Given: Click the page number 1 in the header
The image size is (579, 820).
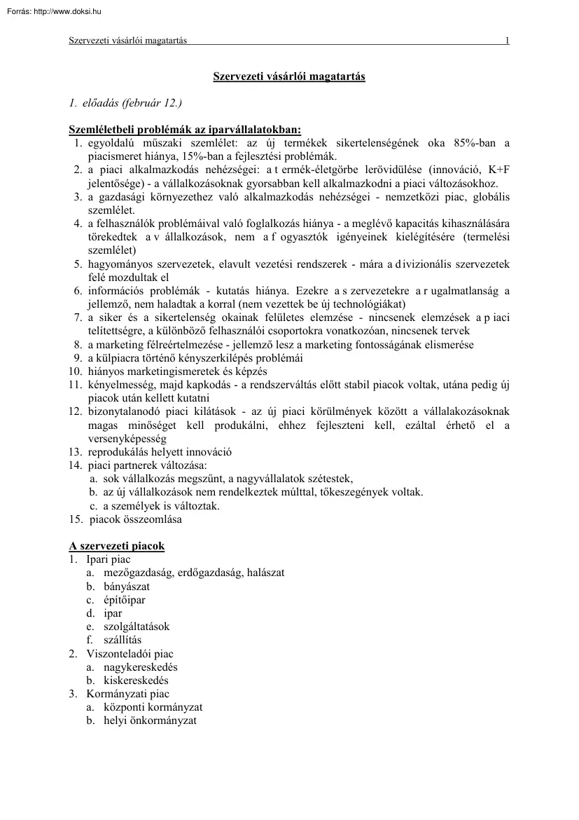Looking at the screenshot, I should coord(507,41).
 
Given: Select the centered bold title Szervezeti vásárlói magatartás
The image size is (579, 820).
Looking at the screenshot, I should coord(288,76).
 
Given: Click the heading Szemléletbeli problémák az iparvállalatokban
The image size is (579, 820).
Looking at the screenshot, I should coord(185,130).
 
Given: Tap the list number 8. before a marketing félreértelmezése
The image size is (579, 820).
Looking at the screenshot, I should coord(78,344).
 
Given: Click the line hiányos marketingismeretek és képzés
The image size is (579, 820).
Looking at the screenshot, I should coord(177,371).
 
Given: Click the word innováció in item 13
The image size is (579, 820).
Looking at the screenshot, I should coord(207,452).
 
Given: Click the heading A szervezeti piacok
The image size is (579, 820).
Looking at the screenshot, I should coord(116,545).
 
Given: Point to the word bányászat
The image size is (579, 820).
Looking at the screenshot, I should coord(126,586).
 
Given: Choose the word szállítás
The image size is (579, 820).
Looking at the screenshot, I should coord(123,640).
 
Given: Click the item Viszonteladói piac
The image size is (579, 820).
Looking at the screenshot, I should coord(130,653).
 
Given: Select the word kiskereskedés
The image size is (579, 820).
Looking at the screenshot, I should coord(136,680).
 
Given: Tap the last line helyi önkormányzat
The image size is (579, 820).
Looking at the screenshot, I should coord(150,720).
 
